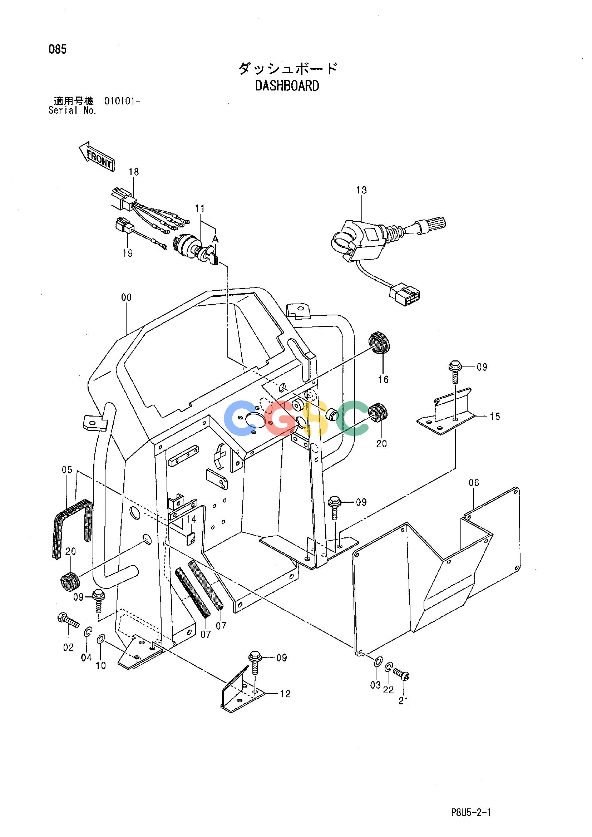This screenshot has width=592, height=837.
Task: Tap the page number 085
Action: click(58, 50)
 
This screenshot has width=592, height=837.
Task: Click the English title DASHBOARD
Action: click(287, 86)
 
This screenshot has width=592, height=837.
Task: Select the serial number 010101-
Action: click(122, 101)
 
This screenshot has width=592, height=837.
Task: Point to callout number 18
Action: click(134, 172)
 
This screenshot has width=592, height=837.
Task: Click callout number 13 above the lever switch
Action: click(362, 190)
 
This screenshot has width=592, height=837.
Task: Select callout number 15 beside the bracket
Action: click(495, 416)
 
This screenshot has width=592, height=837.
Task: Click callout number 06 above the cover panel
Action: click(474, 483)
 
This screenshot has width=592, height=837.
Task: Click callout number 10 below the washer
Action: click(100, 666)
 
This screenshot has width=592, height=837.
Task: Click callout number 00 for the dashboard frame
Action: click(126, 298)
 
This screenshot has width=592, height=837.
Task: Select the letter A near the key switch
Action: click(215, 239)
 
